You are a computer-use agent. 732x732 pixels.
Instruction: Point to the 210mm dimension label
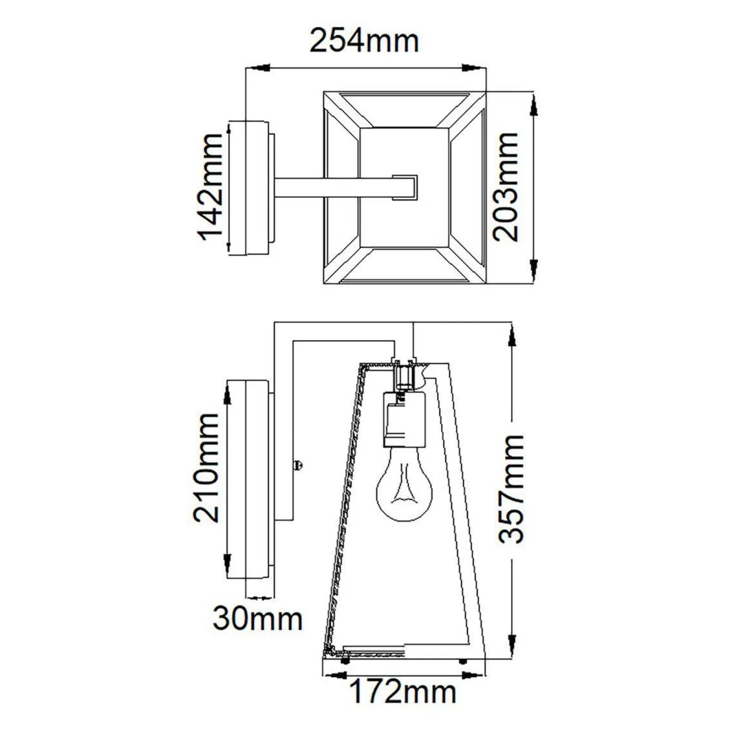pyautogui.click(x=207, y=468)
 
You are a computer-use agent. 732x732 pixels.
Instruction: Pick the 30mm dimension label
pyautogui.click(x=258, y=619)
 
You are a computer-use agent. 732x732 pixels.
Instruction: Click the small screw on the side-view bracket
pyautogui.click(x=299, y=465)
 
